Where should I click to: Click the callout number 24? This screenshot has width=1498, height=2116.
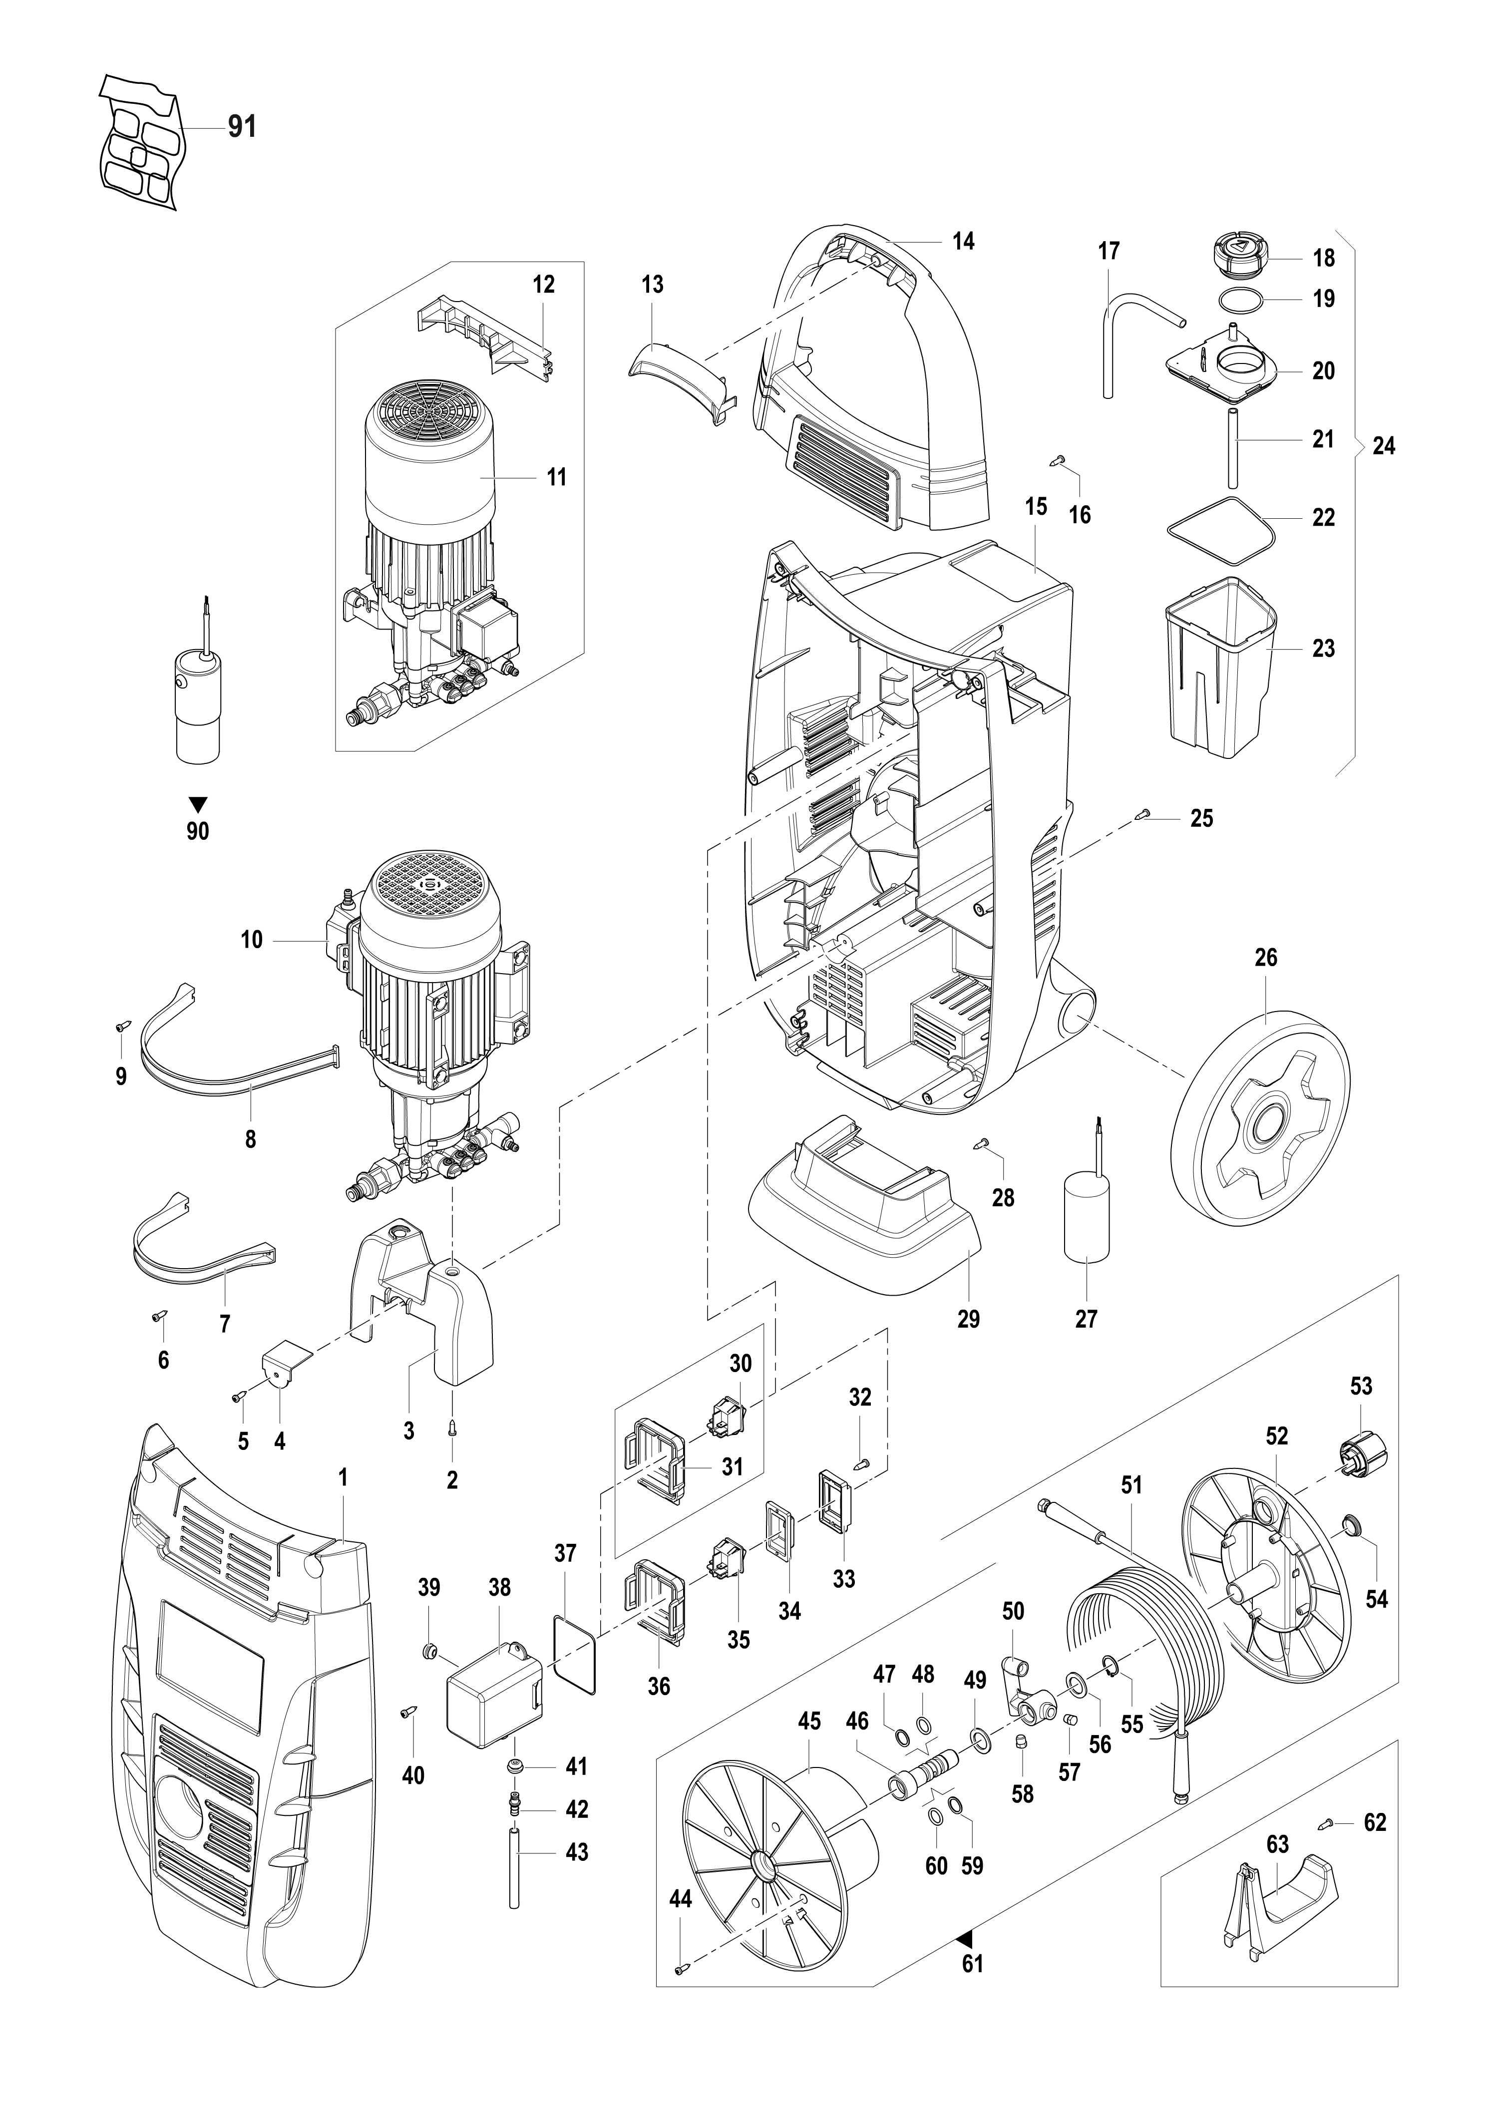[x=1384, y=446]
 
